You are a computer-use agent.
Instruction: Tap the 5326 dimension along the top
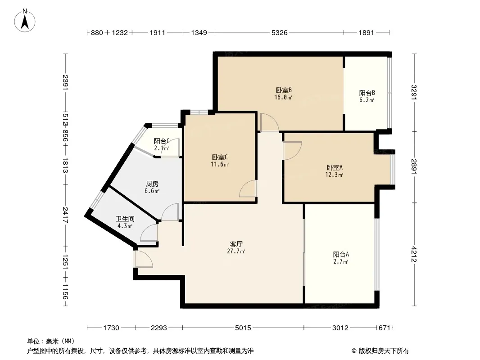click(280, 32)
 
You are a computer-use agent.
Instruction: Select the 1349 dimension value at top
click(199, 32)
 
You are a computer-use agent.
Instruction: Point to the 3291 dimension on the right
click(414, 92)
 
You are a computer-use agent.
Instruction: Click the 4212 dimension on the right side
click(414, 254)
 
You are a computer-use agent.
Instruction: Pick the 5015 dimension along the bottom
click(243, 328)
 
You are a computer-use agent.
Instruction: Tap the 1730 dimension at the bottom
click(111, 328)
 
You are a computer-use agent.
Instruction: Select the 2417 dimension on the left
click(65, 215)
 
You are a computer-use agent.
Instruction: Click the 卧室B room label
click(284, 90)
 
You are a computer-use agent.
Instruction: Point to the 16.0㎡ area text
click(283, 98)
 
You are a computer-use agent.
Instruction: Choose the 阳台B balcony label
click(367, 93)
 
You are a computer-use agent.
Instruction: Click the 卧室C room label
click(220, 157)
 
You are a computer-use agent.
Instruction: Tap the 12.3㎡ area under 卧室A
click(334, 175)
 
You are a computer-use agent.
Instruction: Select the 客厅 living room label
click(236, 244)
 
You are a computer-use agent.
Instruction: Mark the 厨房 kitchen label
click(152, 184)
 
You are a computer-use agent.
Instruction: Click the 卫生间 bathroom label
click(125, 219)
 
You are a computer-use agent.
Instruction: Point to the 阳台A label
click(341, 255)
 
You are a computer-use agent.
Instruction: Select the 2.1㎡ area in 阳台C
click(161, 148)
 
